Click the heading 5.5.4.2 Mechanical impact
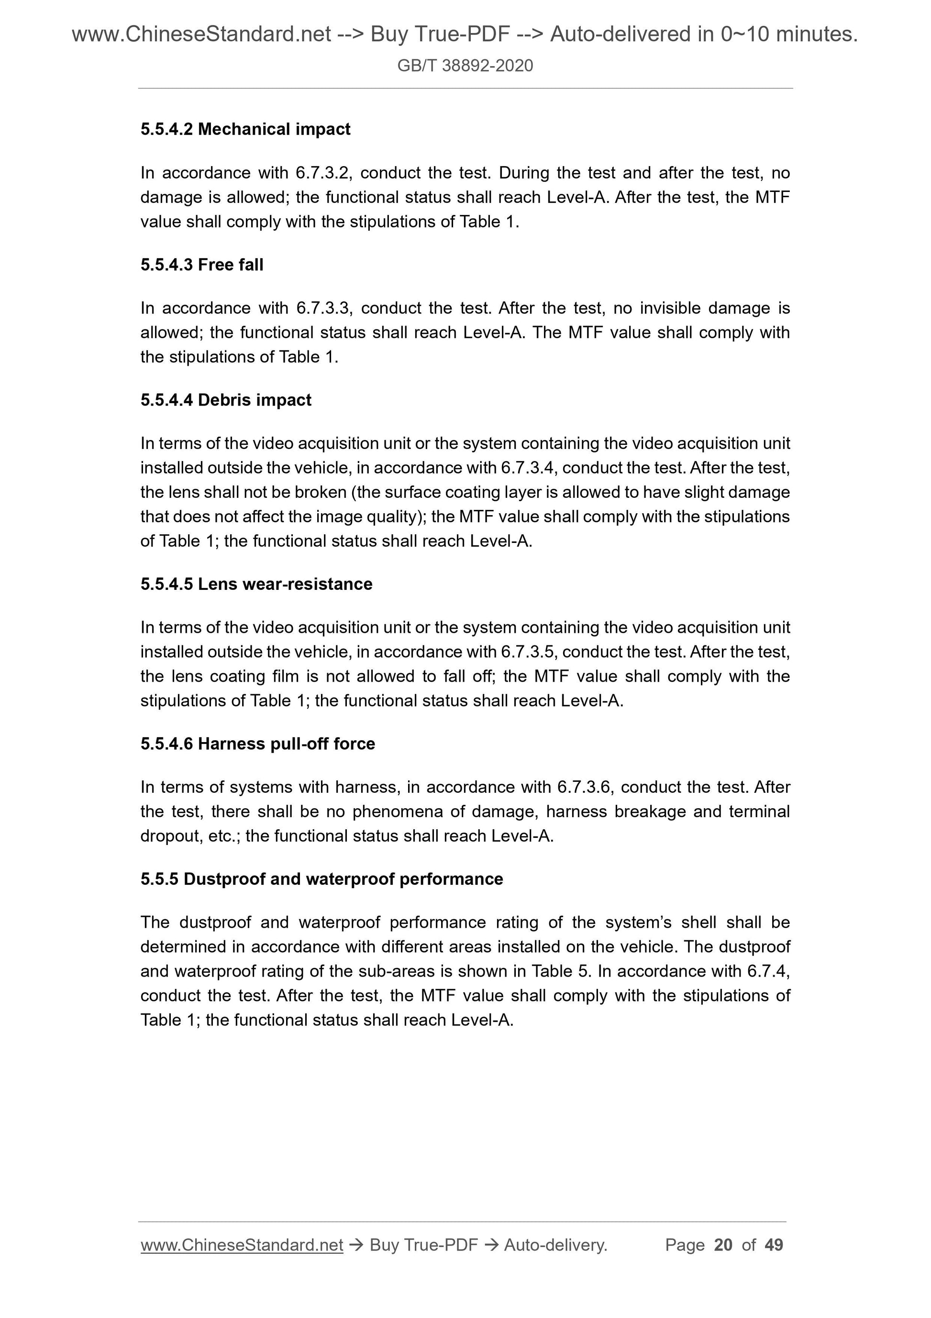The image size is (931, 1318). (x=245, y=129)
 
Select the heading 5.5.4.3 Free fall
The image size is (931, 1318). (x=201, y=265)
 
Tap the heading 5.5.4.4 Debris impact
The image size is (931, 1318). (x=225, y=400)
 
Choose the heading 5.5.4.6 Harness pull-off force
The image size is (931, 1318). (x=257, y=743)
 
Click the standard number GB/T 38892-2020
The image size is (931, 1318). (x=465, y=66)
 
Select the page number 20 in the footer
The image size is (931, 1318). (x=723, y=1245)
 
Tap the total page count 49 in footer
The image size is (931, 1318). (x=774, y=1245)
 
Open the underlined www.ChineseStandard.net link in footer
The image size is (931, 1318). (x=242, y=1245)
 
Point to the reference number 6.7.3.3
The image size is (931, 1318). (x=322, y=308)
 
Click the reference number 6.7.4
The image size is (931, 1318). (x=767, y=971)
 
